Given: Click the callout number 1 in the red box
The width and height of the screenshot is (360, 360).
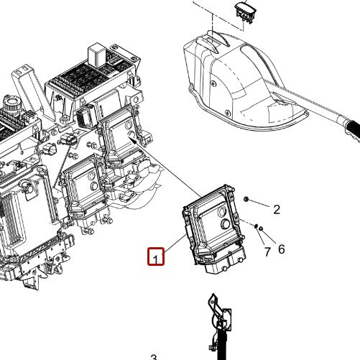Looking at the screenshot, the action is click(x=156, y=259).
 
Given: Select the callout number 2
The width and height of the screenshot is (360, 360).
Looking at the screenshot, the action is click(x=277, y=210).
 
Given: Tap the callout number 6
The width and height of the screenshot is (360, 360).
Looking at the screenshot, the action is click(x=282, y=249).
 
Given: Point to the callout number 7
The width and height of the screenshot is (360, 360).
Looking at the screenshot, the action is click(x=267, y=251).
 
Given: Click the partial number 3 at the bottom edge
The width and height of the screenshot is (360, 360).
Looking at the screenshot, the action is click(x=154, y=357).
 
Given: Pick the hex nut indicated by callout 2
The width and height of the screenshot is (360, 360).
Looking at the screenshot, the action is click(x=246, y=199).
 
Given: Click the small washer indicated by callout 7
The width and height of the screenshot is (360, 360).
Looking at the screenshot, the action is click(x=256, y=226).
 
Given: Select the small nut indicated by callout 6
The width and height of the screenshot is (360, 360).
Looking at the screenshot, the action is click(x=261, y=229).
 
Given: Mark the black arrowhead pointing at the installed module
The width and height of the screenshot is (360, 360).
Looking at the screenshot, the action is click(x=133, y=140).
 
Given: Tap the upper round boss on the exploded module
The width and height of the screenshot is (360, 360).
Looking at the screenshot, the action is click(x=222, y=212).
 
